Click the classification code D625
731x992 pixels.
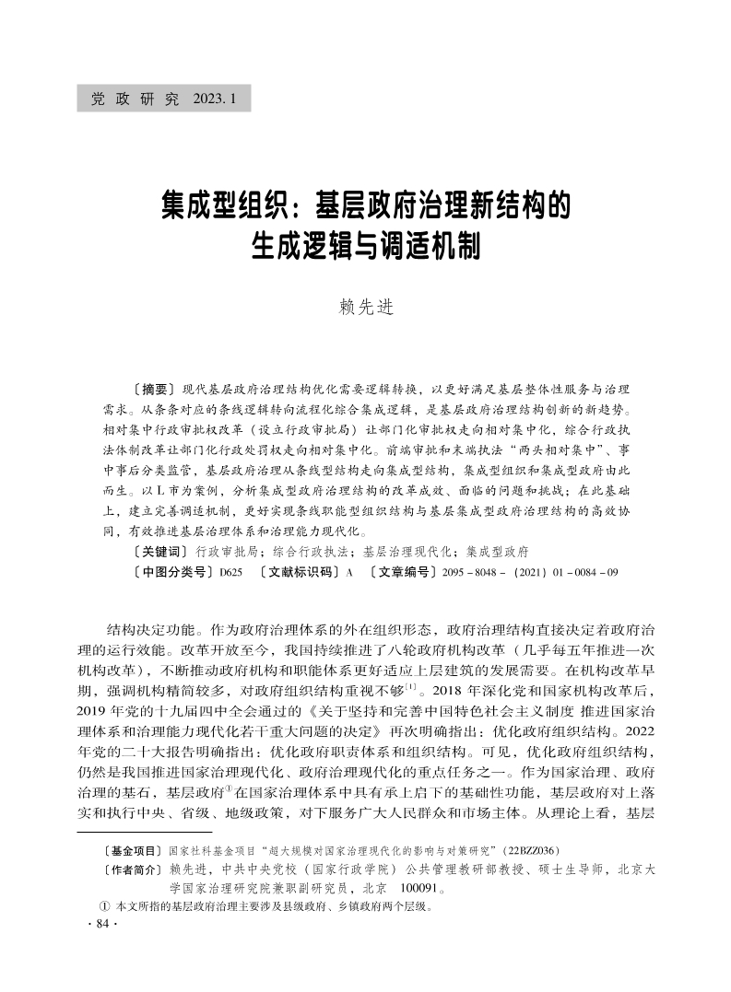pyautogui.click(x=230, y=573)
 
